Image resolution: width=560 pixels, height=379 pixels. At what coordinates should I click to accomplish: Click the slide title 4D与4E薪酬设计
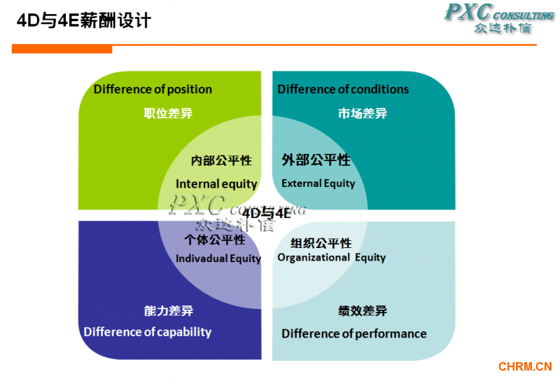point(84,20)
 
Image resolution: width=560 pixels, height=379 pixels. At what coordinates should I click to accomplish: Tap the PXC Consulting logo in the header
point(499,18)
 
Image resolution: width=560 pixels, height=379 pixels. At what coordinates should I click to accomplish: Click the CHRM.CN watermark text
point(525,366)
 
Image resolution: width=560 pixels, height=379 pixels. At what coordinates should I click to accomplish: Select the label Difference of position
point(153,89)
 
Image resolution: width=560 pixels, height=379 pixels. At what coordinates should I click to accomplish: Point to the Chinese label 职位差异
point(168,113)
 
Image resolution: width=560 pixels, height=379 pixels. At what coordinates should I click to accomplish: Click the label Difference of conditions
point(343,89)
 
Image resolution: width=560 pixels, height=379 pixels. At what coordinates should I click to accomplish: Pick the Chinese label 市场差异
point(363,113)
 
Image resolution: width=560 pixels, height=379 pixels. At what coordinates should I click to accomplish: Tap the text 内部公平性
point(221,160)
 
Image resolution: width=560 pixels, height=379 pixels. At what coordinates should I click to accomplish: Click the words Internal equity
point(216,184)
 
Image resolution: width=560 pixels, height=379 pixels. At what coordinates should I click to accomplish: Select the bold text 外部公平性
point(316,160)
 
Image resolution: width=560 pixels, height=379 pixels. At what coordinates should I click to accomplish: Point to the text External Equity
point(318,184)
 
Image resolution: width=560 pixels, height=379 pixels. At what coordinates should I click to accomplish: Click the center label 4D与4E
point(267,213)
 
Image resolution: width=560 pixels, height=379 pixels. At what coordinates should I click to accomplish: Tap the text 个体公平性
point(215,240)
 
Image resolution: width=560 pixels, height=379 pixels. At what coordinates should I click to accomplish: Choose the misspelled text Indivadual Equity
point(218,258)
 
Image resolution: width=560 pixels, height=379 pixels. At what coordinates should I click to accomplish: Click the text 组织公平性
point(321,243)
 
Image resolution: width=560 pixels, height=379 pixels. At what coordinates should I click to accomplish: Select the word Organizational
point(314,257)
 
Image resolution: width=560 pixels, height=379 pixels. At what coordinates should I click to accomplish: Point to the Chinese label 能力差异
point(169,311)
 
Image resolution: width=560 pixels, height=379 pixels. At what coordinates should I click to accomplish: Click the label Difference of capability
point(148,332)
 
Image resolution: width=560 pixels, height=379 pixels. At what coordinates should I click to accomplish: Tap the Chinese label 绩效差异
point(363,311)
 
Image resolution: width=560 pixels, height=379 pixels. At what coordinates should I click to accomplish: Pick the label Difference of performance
point(354,333)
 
